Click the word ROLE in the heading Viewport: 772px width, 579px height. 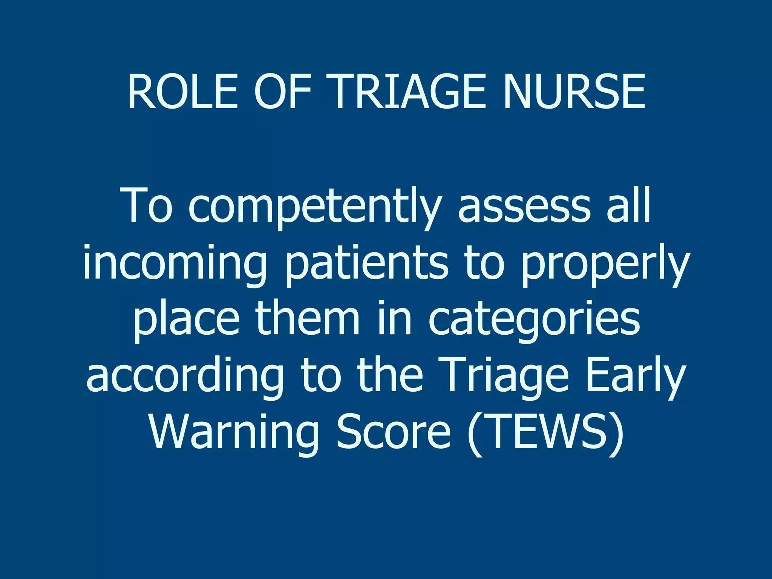click(183, 92)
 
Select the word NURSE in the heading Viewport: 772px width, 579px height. click(574, 92)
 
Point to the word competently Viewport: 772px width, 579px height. click(315, 207)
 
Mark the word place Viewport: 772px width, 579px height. click(186, 320)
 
